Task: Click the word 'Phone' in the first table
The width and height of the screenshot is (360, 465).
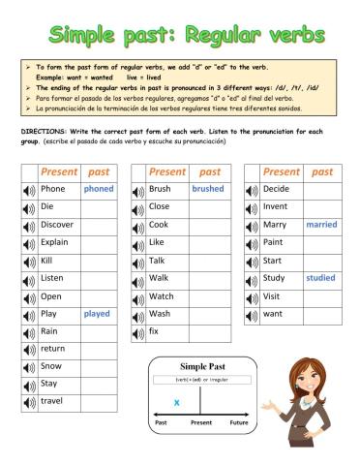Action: pos(53,189)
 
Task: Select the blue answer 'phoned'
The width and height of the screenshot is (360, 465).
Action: pos(98,189)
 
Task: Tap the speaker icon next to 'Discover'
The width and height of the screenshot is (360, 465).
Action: pos(29,225)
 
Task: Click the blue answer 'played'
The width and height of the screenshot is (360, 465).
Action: pos(97,314)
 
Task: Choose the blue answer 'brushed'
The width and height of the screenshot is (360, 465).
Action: pos(207,189)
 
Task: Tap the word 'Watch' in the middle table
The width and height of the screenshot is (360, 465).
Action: pos(162,296)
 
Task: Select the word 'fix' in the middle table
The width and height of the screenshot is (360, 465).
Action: pos(154,331)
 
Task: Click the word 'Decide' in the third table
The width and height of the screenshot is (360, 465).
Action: pos(276,189)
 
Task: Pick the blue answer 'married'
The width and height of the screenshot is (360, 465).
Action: pos(320,225)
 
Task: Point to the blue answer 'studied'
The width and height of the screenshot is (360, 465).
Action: pos(320,278)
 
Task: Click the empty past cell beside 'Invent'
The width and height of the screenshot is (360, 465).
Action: pos(320,206)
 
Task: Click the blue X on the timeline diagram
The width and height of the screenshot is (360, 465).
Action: pos(177,401)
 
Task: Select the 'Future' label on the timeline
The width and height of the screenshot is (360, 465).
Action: pos(238,422)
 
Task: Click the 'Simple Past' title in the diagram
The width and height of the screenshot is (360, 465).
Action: pos(202,366)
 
